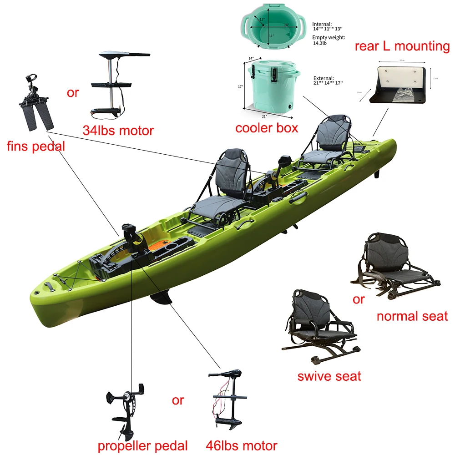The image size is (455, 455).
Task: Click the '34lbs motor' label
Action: [118, 131]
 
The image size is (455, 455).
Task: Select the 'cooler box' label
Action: [267, 128]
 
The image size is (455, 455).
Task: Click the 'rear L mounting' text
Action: [402, 46]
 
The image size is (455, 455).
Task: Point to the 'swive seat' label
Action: [329, 376]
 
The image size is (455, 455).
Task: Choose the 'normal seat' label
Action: [412, 316]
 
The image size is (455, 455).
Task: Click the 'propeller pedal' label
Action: [143, 445]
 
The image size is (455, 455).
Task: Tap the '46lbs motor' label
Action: [241, 445]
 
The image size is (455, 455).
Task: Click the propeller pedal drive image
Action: [126, 409]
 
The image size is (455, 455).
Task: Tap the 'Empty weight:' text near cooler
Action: [329, 38]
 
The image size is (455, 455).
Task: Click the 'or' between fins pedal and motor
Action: [73, 93]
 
